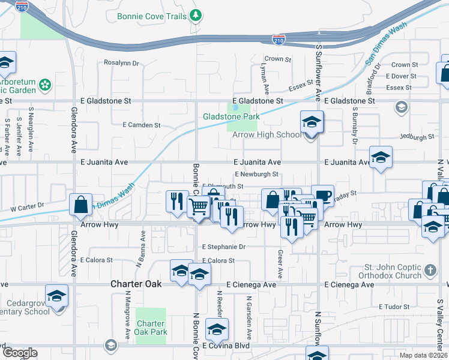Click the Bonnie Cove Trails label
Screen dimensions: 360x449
pos(152,16)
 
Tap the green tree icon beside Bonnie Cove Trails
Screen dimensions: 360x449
pos(196,16)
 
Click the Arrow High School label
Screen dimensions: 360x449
pos(267,135)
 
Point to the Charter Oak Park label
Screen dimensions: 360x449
pos(151,328)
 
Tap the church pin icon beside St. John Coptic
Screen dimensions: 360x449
pos(430,271)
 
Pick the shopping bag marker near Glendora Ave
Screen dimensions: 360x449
pos(80,205)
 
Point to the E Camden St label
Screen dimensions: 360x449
pos(142,125)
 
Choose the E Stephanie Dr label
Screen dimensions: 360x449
pos(224,247)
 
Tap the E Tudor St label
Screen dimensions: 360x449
pos(394,307)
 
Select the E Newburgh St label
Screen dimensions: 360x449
pos(257,175)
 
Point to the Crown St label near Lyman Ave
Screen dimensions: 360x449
pos(278,59)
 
